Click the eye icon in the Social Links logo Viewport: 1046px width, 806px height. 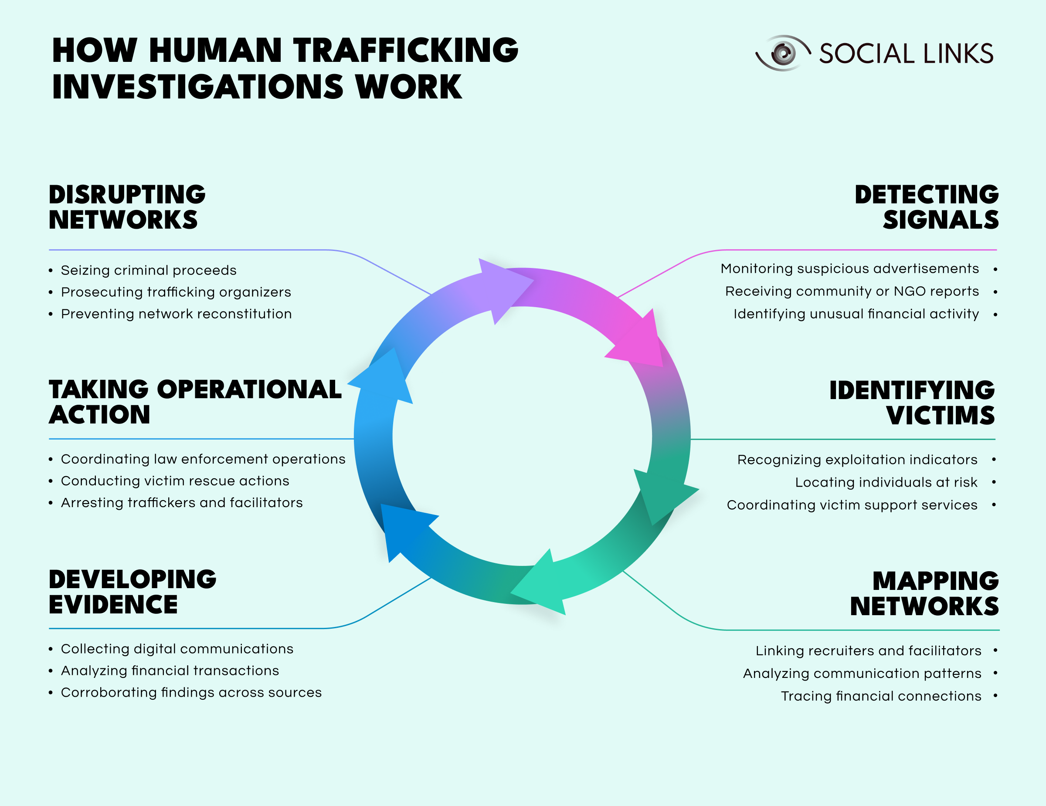coord(783,53)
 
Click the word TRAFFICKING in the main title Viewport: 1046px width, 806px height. coord(406,50)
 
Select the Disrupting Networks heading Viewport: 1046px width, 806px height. coord(127,207)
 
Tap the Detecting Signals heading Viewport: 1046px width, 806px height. coord(926,207)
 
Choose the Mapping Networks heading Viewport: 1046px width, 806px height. coord(924,593)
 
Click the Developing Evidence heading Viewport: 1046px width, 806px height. coord(132,592)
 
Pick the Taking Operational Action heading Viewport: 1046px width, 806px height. coord(195,402)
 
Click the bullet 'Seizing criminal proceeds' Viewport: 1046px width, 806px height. coord(149,271)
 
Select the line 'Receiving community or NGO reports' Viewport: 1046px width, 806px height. coord(852,291)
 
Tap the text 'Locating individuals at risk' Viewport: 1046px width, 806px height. coord(886,482)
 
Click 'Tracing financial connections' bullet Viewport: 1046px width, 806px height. coord(881,696)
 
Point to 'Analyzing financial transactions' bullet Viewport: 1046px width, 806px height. coord(170,671)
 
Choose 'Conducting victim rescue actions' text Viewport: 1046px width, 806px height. coord(175,481)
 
